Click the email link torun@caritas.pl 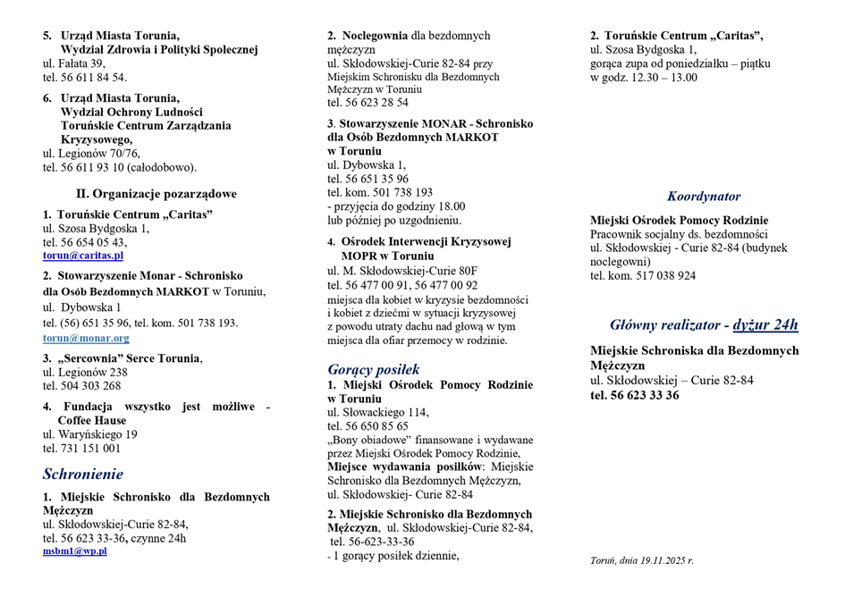83,256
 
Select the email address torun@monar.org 86,339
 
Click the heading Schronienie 83,474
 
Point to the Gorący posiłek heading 374,369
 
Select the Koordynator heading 704,197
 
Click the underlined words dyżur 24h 765,324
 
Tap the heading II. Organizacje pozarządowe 156,193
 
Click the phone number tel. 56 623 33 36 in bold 634,395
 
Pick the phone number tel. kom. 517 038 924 643,276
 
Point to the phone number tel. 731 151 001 81,449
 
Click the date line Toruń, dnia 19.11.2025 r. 642,560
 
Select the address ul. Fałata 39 74,63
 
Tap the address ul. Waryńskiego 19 90,434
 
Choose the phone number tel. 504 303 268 81,386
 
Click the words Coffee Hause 92,420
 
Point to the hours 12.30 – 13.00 660,78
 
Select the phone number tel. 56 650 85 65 368,426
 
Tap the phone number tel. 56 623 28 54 368,103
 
